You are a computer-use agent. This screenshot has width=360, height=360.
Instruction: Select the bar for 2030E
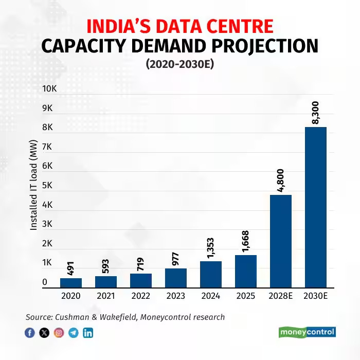(x=316, y=207)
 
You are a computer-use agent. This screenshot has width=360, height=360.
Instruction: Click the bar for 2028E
(x=281, y=241)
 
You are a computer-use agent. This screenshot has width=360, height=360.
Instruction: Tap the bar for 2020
(x=71, y=283)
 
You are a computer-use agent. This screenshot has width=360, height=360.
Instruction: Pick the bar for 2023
(x=176, y=278)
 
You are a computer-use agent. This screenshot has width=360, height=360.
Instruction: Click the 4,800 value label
(x=281, y=180)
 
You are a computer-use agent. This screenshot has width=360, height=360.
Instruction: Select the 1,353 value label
(x=211, y=247)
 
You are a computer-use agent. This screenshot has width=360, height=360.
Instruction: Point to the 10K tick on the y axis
(x=49, y=89)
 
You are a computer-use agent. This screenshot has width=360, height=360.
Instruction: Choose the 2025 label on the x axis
(x=246, y=296)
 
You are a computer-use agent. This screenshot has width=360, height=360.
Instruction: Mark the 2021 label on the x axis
(x=106, y=296)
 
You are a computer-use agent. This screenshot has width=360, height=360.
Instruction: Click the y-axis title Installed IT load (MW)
(x=33, y=185)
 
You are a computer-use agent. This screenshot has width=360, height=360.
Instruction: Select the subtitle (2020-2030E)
(x=179, y=64)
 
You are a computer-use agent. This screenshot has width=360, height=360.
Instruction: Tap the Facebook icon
(x=30, y=333)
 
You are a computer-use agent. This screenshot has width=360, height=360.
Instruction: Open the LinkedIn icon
(x=88, y=333)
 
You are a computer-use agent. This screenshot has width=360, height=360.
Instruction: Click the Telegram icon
(x=74, y=333)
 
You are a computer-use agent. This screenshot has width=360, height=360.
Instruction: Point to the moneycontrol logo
(x=307, y=332)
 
